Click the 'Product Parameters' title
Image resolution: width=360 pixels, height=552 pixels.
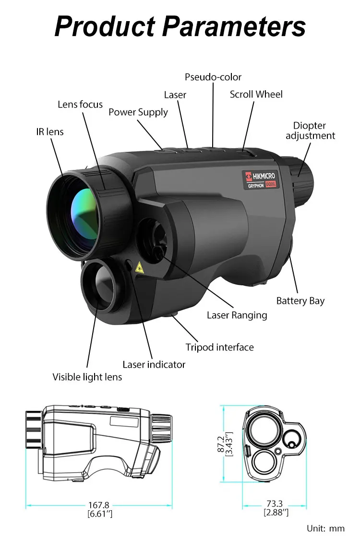(180, 26)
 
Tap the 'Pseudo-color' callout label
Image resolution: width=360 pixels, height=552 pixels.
(213, 77)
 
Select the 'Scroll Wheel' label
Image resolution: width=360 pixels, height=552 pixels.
(256, 94)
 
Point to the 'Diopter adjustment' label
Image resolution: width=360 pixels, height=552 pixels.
(310, 131)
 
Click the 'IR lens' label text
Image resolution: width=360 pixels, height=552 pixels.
(50, 132)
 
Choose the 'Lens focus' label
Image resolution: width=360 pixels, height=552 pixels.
(80, 104)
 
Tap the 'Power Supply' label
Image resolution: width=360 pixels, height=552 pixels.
(138, 112)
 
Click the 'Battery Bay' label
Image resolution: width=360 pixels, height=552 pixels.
(300, 301)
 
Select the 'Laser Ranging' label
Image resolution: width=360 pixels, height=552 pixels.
(237, 315)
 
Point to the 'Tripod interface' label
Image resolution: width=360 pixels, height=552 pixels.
(219, 347)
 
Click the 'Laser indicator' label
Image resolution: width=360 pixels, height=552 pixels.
(154, 364)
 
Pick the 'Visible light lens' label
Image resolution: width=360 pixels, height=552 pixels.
(87, 377)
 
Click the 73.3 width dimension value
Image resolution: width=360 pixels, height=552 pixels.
(275, 504)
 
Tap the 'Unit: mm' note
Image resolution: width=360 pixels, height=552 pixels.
(325, 528)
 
